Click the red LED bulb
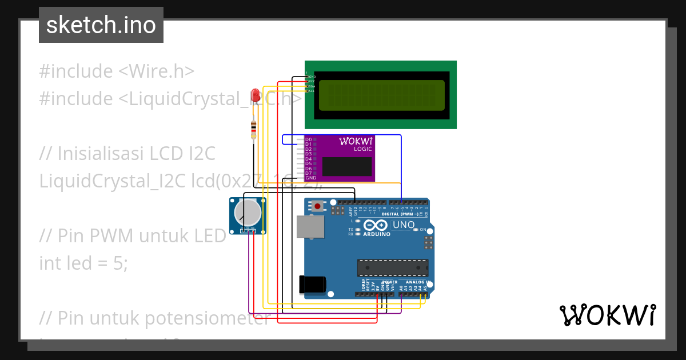point(256,95)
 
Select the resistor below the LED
point(253,129)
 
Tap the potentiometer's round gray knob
point(249,213)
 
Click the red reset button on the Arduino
point(317,205)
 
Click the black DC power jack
point(313,285)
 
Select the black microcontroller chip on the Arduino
point(392,267)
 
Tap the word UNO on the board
point(404,225)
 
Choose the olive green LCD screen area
point(381,95)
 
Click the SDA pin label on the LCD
point(312,86)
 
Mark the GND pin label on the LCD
point(312,76)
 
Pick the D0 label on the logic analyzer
point(308,139)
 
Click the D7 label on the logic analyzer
point(308,173)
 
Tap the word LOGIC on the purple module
point(362,149)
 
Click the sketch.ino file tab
point(101,25)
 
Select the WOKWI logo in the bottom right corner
point(607,315)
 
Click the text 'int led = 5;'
point(83,263)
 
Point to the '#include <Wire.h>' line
point(117,71)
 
